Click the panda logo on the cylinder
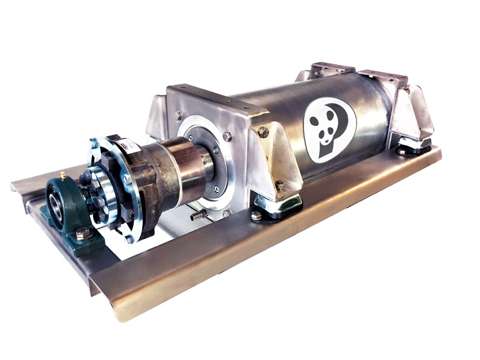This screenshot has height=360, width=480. pos(329,130)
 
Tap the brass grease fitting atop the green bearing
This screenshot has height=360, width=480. pos(62,176)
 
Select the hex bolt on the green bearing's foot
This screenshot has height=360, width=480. pos(83,234)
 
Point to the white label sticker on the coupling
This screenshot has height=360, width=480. pos(128,146)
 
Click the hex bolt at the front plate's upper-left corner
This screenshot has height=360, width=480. pos(178,116)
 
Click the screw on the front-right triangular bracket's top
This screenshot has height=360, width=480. pos(263,132)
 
